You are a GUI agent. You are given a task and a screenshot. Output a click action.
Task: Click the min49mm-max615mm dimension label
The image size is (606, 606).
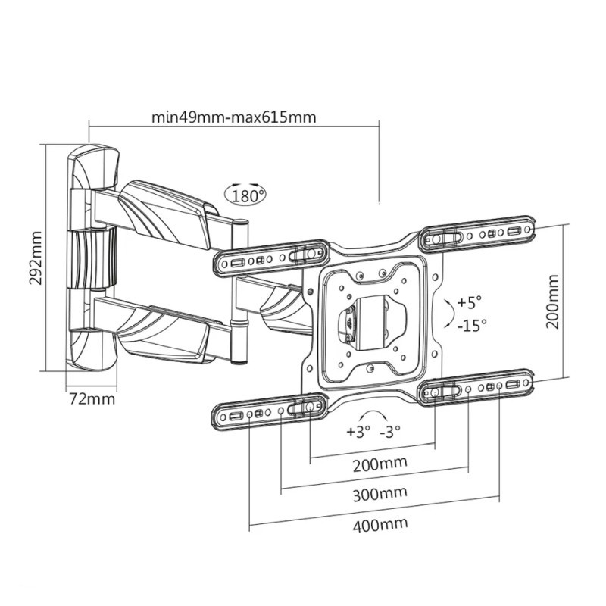pyautogui.click(x=234, y=117)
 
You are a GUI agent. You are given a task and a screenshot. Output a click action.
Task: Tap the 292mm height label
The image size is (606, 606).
pyautogui.click(x=36, y=258)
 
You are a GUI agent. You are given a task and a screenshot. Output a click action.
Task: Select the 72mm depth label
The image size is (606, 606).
pyautogui.click(x=92, y=398)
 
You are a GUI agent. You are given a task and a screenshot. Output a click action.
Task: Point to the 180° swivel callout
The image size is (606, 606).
pyautogui.click(x=245, y=195)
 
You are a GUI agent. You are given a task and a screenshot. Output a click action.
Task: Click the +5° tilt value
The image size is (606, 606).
pyautogui.click(x=469, y=301)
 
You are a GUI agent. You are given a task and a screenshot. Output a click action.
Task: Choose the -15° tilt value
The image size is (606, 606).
pyautogui.click(x=472, y=326)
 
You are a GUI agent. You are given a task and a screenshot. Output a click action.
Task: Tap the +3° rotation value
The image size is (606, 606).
pyautogui.click(x=358, y=431)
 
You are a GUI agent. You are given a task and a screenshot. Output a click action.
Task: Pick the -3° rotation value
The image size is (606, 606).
pyautogui.click(x=390, y=431)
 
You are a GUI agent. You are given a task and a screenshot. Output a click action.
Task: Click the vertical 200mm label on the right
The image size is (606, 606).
pyautogui.click(x=552, y=301)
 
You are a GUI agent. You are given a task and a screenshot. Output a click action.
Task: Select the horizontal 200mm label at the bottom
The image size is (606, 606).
pyautogui.click(x=380, y=464)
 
